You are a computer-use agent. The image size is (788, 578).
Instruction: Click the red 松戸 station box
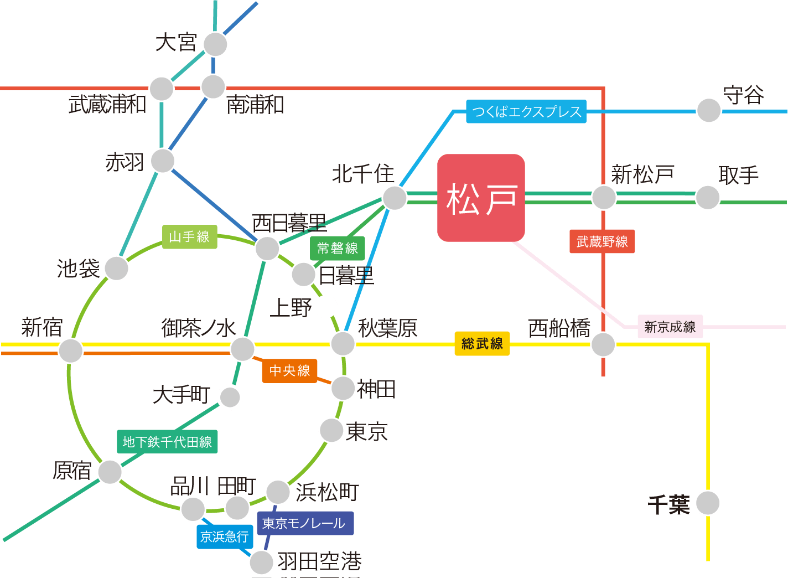[x=481, y=198]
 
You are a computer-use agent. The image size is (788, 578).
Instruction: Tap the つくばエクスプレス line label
[x=526, y=112]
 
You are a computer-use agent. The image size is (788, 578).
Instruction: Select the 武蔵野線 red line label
[x=602, y=241]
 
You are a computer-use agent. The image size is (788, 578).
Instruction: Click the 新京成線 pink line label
[x=670, y=327]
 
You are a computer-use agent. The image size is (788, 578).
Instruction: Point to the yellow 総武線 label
[x=482, y=344]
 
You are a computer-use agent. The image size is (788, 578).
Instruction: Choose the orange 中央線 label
[x=289, y=370]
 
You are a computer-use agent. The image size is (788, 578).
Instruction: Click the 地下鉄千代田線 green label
[x=167, y=442]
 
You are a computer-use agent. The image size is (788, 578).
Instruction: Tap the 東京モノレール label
[x=305, y=523]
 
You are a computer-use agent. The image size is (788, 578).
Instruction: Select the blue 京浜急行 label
[x=225, y=536]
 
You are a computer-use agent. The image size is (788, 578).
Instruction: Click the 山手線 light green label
[x=189, y=237]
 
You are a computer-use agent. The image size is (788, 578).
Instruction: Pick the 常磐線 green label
[x=338, y=248]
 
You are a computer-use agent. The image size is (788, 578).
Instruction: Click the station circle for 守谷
[x=708, y=110]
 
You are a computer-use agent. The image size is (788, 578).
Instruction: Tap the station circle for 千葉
[x=708, y=503]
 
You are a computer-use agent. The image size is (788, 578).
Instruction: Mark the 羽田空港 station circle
[x=261, y=562]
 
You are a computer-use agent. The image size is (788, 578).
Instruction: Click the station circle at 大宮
[x=215, y=44]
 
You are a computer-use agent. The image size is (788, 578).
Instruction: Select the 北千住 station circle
[x=395, y=198]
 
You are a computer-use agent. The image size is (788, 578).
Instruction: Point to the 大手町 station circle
[x=230, y=397]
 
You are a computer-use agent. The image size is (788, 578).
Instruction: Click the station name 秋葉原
[x=387, y=328]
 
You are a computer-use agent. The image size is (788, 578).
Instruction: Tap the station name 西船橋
[x=559, y=328]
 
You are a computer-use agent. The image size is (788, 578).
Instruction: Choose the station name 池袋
[x=78, y=269]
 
